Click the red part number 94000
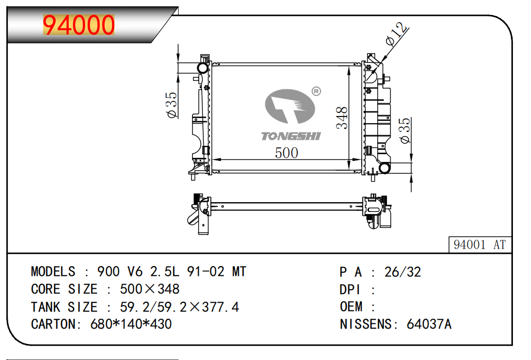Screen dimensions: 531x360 tap(78, 25)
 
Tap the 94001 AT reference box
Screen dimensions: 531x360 tap(480, 244)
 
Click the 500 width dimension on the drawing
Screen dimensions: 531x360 tap(286, 153)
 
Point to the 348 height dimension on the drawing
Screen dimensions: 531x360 tap(342, 118)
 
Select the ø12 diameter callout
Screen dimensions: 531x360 tap(397, 34)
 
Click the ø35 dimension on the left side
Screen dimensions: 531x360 tap(172, 105)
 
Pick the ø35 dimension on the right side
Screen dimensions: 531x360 tap(405, 130)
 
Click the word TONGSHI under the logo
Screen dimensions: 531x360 tap(291, 136)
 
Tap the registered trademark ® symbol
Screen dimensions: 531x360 tap(316, 91)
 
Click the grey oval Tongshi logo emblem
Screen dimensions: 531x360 tap(290, 106)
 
